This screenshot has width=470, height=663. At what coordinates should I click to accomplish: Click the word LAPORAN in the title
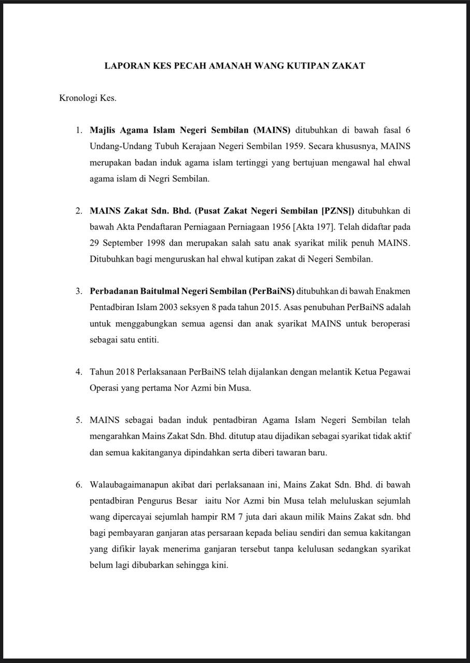125,66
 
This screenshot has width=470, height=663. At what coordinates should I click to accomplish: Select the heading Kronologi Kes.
88,98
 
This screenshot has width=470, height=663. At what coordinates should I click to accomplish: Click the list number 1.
78,129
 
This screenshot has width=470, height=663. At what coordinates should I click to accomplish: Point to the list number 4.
78,372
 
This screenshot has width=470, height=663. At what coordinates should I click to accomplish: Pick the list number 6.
78,485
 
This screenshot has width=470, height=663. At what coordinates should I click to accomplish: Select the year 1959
294,146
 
